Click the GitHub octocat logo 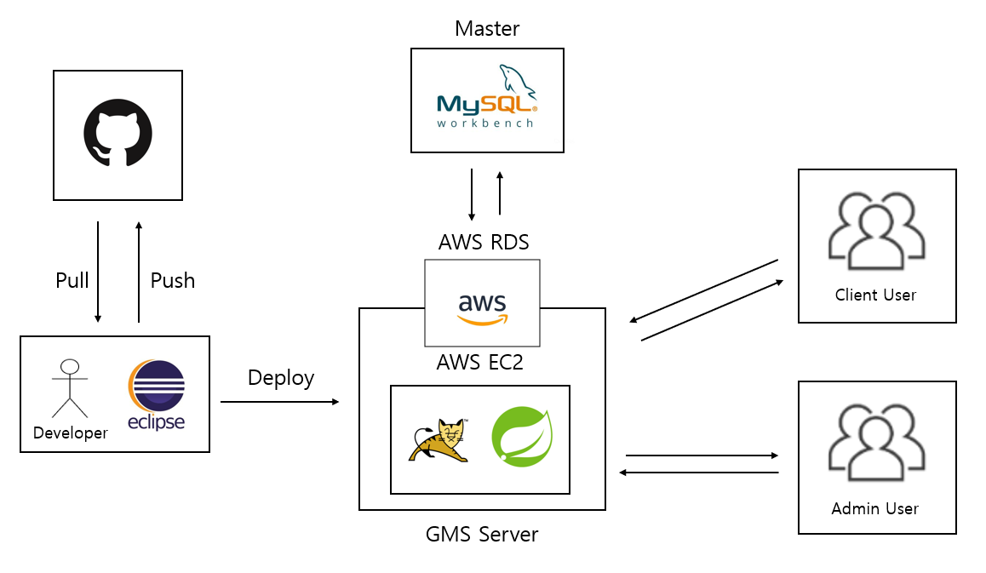click(x=118, y=134)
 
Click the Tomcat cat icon click(x=439, y=440)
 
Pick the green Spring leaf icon click(x=521, y=438)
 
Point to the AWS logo click(x=482, y=308)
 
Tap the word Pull click(x=72, y=281)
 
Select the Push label click(x=173, y=281)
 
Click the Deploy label click(x=281, y=377)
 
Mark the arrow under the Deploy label click(x=279, y=401)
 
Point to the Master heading click(x=487, y=29)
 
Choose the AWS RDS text click(x=484, y=243)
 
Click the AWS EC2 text click(x=479, y=363)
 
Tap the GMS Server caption click(x=482, y=535)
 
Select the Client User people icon click(x=876, y=228)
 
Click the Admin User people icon click(x=876, y=441)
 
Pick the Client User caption click(x=875, y=295)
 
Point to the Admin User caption click(x=875, y=509)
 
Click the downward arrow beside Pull click(x=98, y=272)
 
